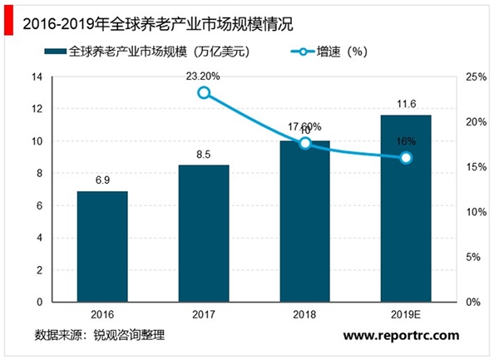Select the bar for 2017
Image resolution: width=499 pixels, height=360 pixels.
click(x=204, y=233)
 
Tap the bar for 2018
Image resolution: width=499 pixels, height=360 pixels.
click(x=305, y=221)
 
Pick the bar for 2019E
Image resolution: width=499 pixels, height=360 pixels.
click(x=406, y=208)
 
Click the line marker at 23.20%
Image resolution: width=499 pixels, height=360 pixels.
click(x=204, y=92)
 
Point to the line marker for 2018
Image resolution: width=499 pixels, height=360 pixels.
click(x=305, y=143)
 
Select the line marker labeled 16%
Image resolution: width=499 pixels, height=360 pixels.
click(x=406, y=157)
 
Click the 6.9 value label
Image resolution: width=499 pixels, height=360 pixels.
click(x=102, y=180)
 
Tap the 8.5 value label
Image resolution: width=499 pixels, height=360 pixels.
click(x=204, y=155)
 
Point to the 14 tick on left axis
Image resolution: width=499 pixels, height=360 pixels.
click(x=37, y=76)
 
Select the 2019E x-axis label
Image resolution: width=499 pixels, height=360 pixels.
click(x=406, y=316)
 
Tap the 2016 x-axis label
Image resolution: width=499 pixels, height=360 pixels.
click(x=102, y=316)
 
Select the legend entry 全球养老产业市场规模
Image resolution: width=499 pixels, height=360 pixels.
click(x=158, y=52)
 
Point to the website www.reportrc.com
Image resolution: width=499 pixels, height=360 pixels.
click(x=401, y=335)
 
